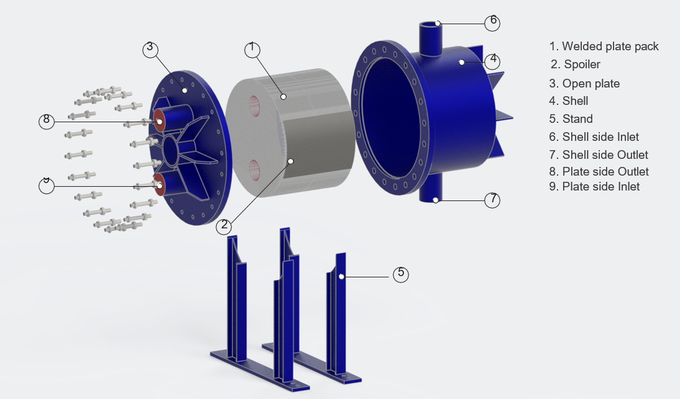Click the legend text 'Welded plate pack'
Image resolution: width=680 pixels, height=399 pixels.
[610, 47]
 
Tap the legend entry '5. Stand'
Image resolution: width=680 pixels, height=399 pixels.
[571, 119]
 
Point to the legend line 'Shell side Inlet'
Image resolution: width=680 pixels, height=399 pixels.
[600, 137]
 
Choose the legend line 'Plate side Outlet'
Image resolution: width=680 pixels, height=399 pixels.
[605, 171]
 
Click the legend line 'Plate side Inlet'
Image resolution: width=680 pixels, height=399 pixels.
[601, 187]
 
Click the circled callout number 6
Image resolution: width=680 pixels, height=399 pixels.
[492, 22]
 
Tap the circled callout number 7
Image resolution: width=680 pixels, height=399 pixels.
[492, 200]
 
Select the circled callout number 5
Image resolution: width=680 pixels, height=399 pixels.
[401, 274]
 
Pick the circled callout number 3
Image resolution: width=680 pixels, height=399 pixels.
[150, 50]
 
